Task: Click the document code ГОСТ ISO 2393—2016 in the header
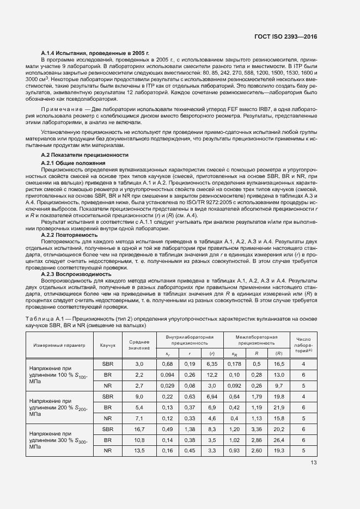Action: pos(285,37)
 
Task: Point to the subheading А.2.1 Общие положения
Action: pos(73,163)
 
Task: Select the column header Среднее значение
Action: pos(139,345)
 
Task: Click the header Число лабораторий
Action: pos(303,345)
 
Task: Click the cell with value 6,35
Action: pos(212,363)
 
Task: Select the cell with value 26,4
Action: pos(278,439)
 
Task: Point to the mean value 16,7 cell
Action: pos(139,429)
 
